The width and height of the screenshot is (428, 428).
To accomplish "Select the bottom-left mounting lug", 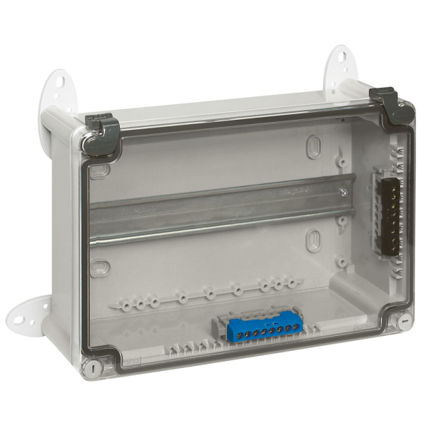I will click(29, 314).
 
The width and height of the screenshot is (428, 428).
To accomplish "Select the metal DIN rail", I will click(214, 210).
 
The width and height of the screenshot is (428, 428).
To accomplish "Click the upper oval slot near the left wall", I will click(99, 170).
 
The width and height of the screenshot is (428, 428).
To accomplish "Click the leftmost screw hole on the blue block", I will click(226, 332).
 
